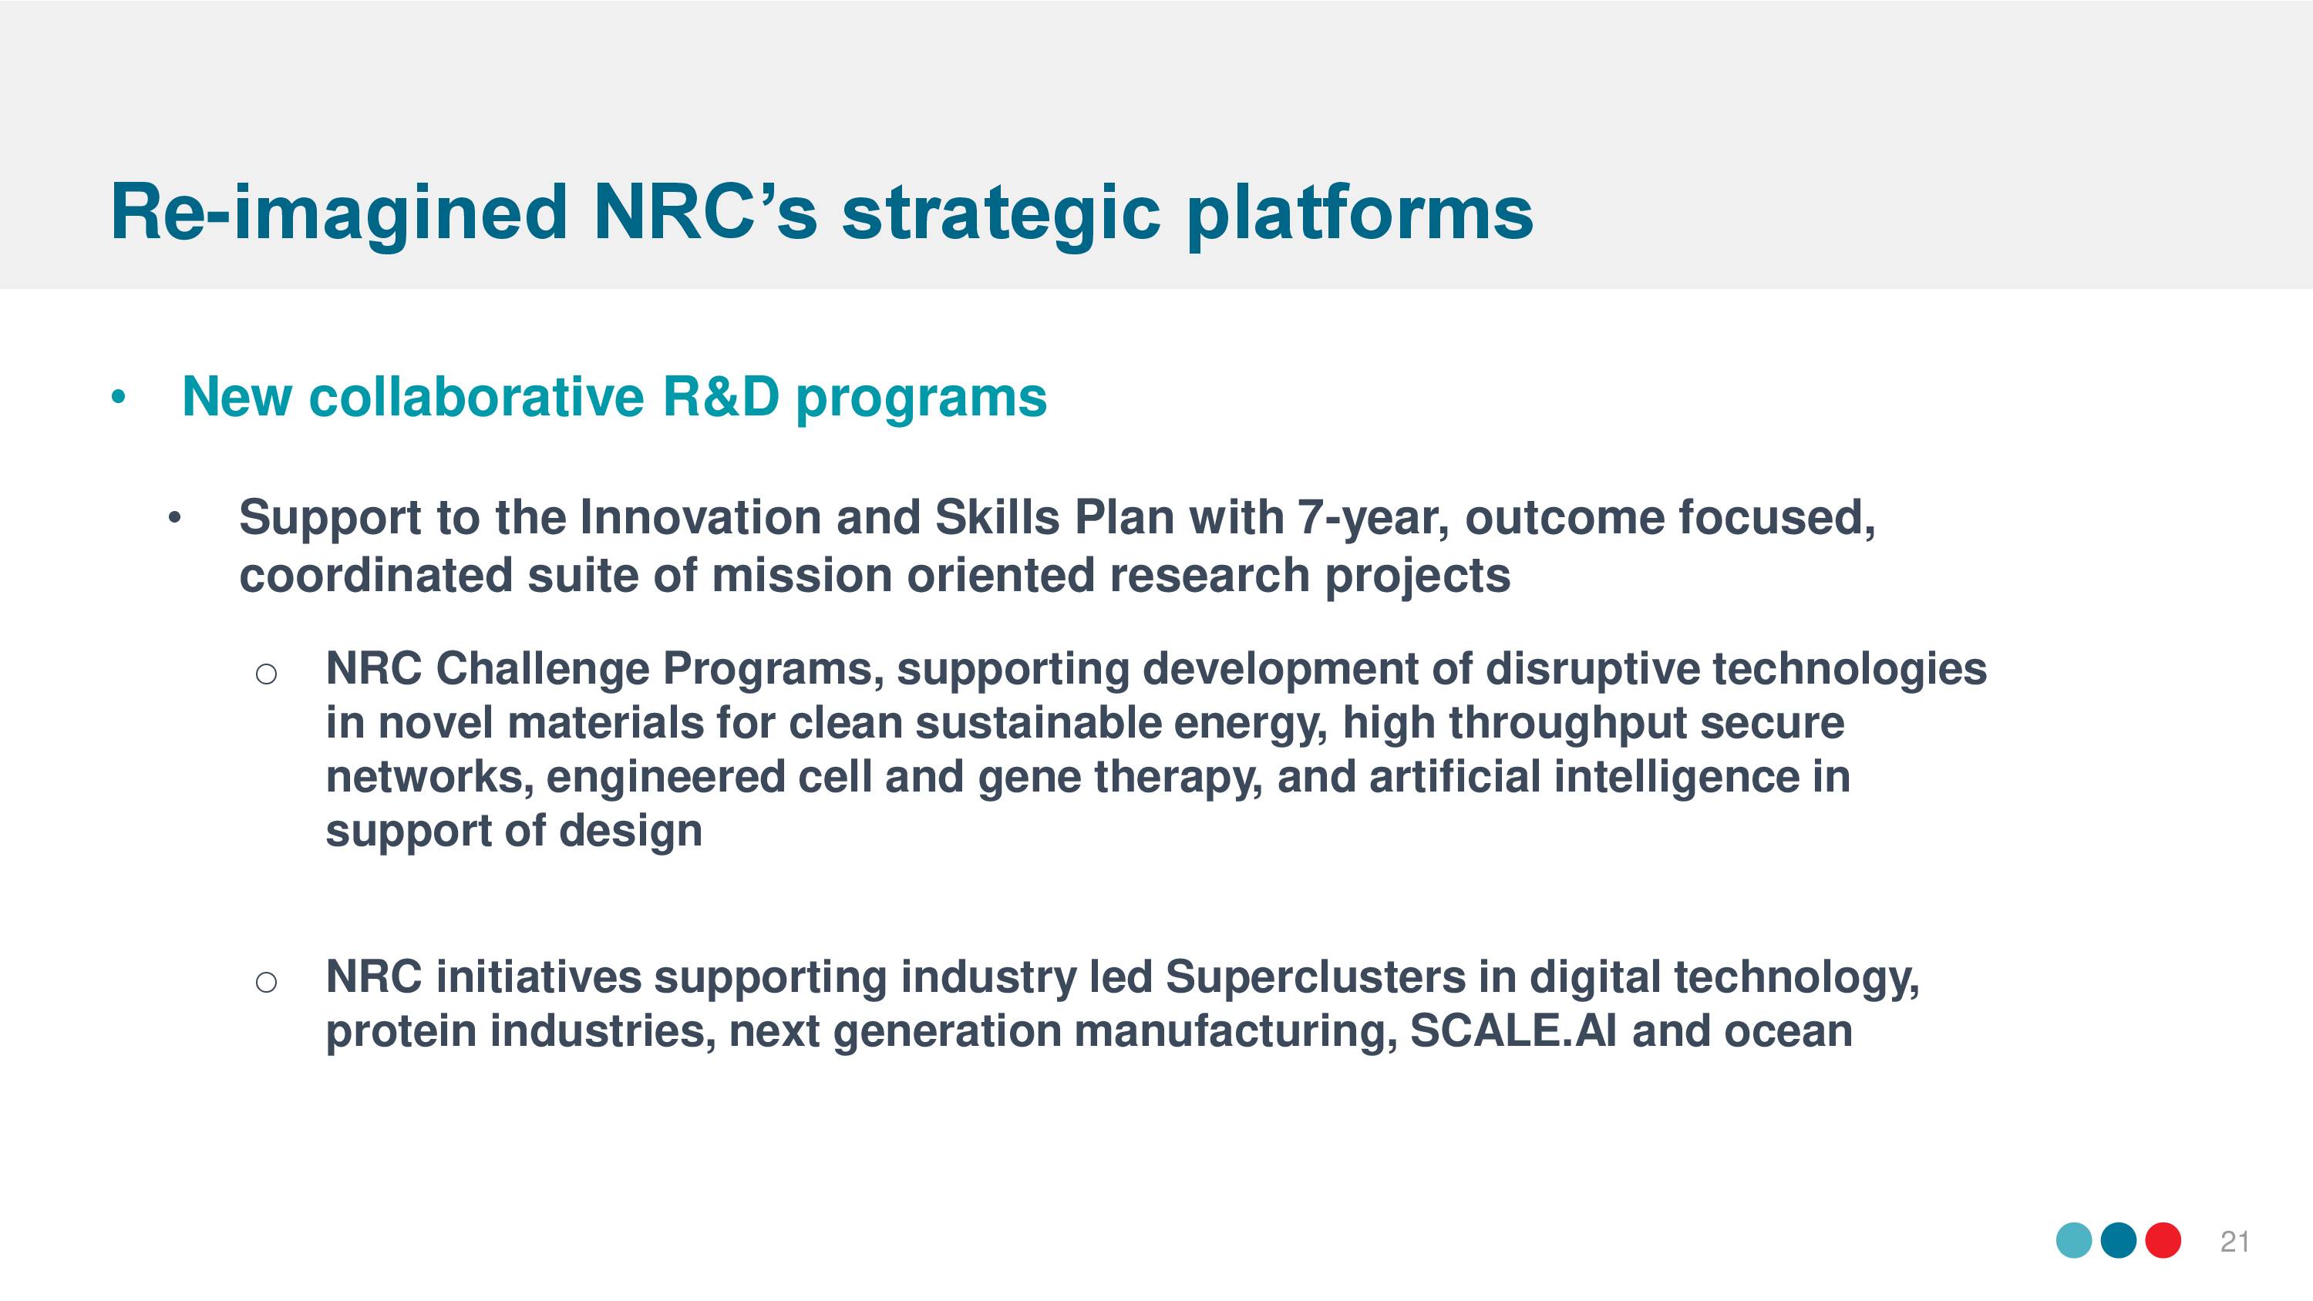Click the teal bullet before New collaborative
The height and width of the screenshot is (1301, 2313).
click(119, 397)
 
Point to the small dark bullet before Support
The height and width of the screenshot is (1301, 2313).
click(175, 517)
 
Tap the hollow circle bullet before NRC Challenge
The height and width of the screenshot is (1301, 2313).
click(266, 674)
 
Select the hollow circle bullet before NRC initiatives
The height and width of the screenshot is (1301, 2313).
click(266, 982)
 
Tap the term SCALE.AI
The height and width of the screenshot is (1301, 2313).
click(1515, 1030)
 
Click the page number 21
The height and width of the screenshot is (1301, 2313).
click(2235, 1242)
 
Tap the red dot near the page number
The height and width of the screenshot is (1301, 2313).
click(2163, 1241)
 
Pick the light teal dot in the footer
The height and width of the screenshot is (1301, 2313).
click(2074, 1241)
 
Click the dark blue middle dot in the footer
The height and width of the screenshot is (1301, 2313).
click(2119, 1241)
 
